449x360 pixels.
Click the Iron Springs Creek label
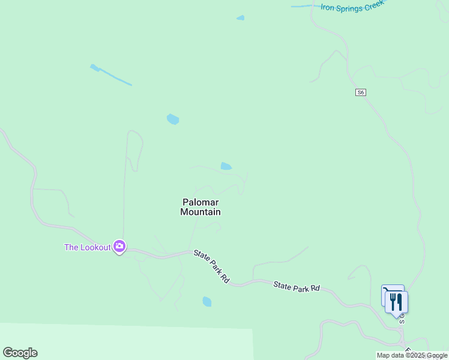pyautogui.click(x=351, y=7)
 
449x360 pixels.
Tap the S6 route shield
pyautogui.click(x=360, y=92)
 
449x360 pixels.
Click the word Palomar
pyautogui.click(x=200, y=202)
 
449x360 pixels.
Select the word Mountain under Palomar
pyautogui.click(x=200, y=212)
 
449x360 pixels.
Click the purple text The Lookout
pyautogui.click(x=88, y=247)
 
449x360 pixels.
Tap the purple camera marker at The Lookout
pyautogui.click(x=119, y=246)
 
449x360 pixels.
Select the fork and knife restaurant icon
pyautogui.click(x=396, y=301)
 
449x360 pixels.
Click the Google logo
pyautogui.click(x=20, y=353)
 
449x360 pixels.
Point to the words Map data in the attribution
pyautogui.click(x=390, y=355)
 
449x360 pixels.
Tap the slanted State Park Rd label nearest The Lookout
pyautogui.click(x=212, y=267)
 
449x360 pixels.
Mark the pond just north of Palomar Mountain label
pyautogui.click(x=226, y=166)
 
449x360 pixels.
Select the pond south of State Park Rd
pyautogui.click(x=207, y=301)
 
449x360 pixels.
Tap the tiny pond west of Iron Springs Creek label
pyautogui.click(x=241, y=18)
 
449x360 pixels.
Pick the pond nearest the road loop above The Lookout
pyautogui.click(x=173, y=119)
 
